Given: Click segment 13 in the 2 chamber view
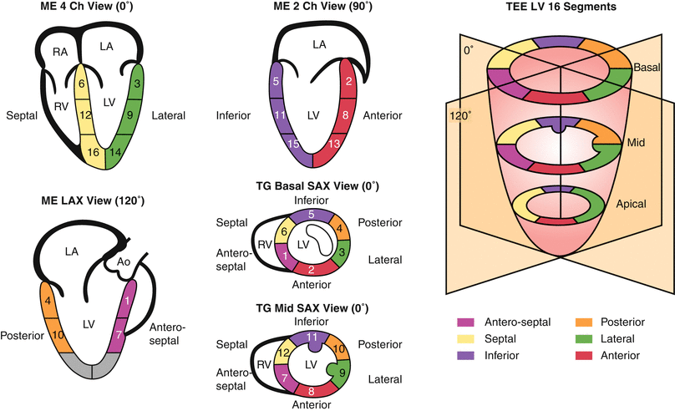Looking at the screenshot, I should tap(335, 145).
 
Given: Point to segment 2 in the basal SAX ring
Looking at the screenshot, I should tap(310, 268).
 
